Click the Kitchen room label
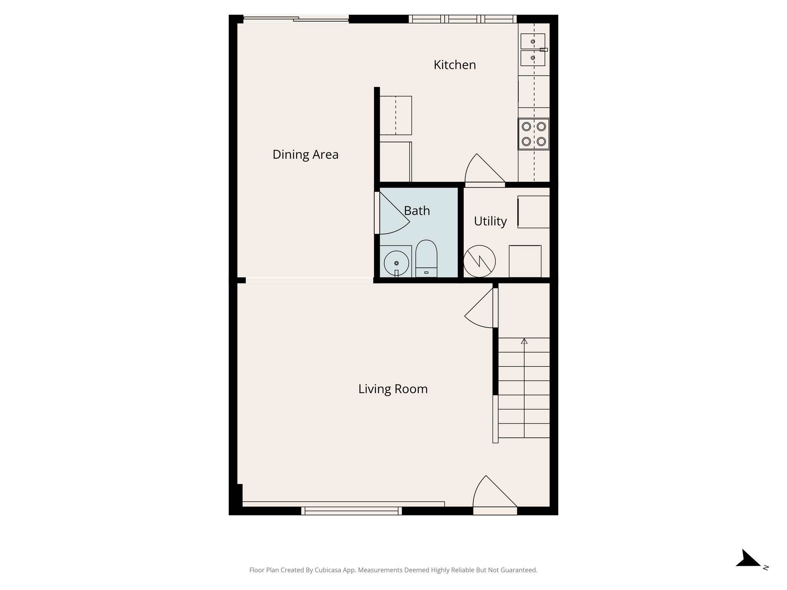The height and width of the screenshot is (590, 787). point(455,65)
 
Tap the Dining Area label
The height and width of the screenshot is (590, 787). point(306,154)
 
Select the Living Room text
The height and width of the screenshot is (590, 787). point(393,389)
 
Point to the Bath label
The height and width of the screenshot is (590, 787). point(417,210)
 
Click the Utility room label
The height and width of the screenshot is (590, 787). point(490,221)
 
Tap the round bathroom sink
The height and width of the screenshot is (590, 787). point(396,263)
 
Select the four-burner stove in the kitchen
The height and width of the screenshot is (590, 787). point(534,134)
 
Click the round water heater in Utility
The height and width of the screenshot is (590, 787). point(479,262)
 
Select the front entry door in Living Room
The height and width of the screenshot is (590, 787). point(494,496)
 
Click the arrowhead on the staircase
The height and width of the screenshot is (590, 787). point(524,341)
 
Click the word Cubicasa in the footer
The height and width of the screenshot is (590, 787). point(329,570)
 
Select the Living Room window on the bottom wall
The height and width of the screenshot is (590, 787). point(352,510)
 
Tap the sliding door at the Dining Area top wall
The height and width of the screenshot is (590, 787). point(296,18)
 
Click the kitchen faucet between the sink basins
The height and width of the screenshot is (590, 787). point(543,50)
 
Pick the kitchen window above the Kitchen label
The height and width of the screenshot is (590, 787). point(462,19)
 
